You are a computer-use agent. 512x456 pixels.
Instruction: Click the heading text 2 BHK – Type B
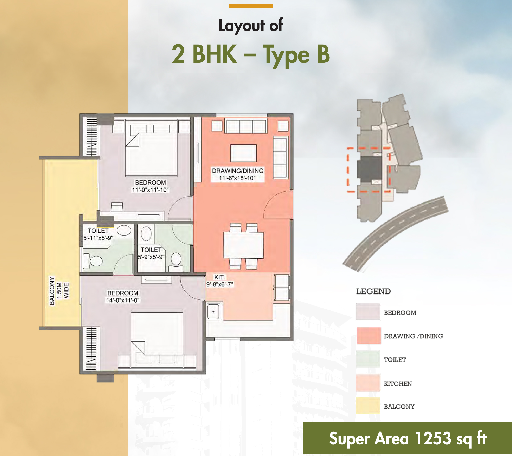click(x=251, y=54)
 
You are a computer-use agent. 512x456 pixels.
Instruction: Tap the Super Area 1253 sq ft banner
click(x=407, y=438)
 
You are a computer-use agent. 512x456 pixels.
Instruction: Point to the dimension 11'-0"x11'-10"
click(x=150, y=190)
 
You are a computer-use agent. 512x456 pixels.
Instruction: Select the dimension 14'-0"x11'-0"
click(x=123, y=300)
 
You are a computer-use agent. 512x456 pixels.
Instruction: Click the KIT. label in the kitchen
click(x=219, y=277)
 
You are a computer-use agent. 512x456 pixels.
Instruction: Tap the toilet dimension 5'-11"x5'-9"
click(x=98, y=238)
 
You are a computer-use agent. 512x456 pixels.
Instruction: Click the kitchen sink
click(x=213, y=312)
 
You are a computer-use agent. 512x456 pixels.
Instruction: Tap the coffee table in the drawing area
click(x=243, y=153)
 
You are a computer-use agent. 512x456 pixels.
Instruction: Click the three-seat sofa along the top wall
click(x=246, y=126)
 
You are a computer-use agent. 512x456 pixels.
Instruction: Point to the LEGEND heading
click(x=373, y=291)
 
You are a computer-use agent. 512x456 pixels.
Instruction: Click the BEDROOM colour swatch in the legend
click(x=368, y=312)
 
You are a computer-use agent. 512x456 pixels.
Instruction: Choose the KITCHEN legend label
click(x=398, y=384)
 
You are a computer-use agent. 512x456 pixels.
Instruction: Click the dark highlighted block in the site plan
click(x=369, y=169)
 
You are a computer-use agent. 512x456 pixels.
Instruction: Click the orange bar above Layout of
click(x=251, y=6)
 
